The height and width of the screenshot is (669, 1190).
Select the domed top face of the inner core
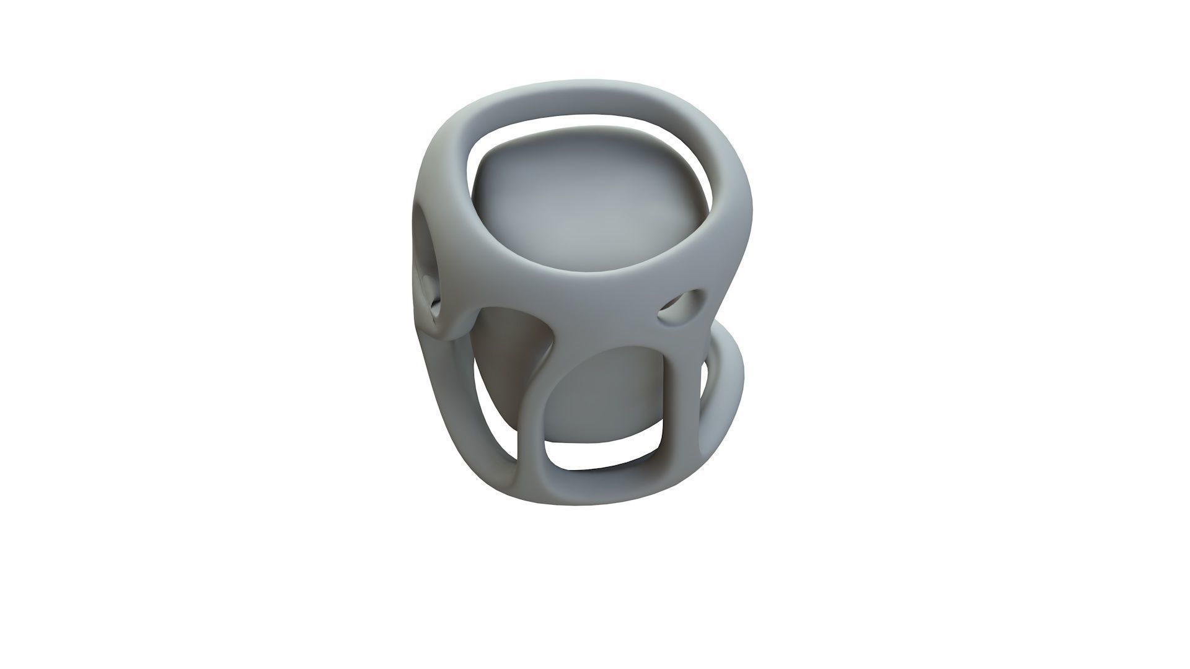pos(589,204)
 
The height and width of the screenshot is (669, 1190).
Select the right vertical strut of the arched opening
pos(682,403)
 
